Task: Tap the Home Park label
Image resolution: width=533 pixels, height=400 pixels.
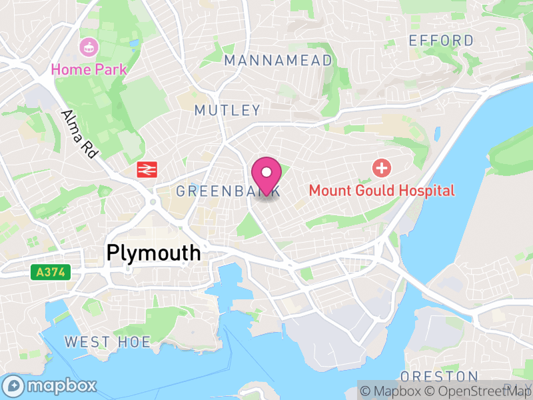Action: coord(89,68)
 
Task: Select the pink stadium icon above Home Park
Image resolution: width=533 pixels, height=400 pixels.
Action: coord(89,47)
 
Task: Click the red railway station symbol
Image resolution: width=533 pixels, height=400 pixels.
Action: coord(147,169)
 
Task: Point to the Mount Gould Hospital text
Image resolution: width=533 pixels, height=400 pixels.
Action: coord(382,191)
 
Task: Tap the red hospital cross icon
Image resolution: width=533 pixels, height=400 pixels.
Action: coord(382,167)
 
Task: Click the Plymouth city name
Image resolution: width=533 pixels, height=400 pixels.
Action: coord(153,253)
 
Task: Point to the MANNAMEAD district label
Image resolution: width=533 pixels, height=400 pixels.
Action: coord(278,61)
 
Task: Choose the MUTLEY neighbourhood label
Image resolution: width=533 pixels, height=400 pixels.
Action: coord(227,110)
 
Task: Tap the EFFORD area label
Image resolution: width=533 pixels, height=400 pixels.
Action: coord(441,41)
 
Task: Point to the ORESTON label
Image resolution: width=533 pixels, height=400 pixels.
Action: coord(439,377)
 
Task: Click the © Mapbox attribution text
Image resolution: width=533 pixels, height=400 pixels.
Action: coord(392,390)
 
